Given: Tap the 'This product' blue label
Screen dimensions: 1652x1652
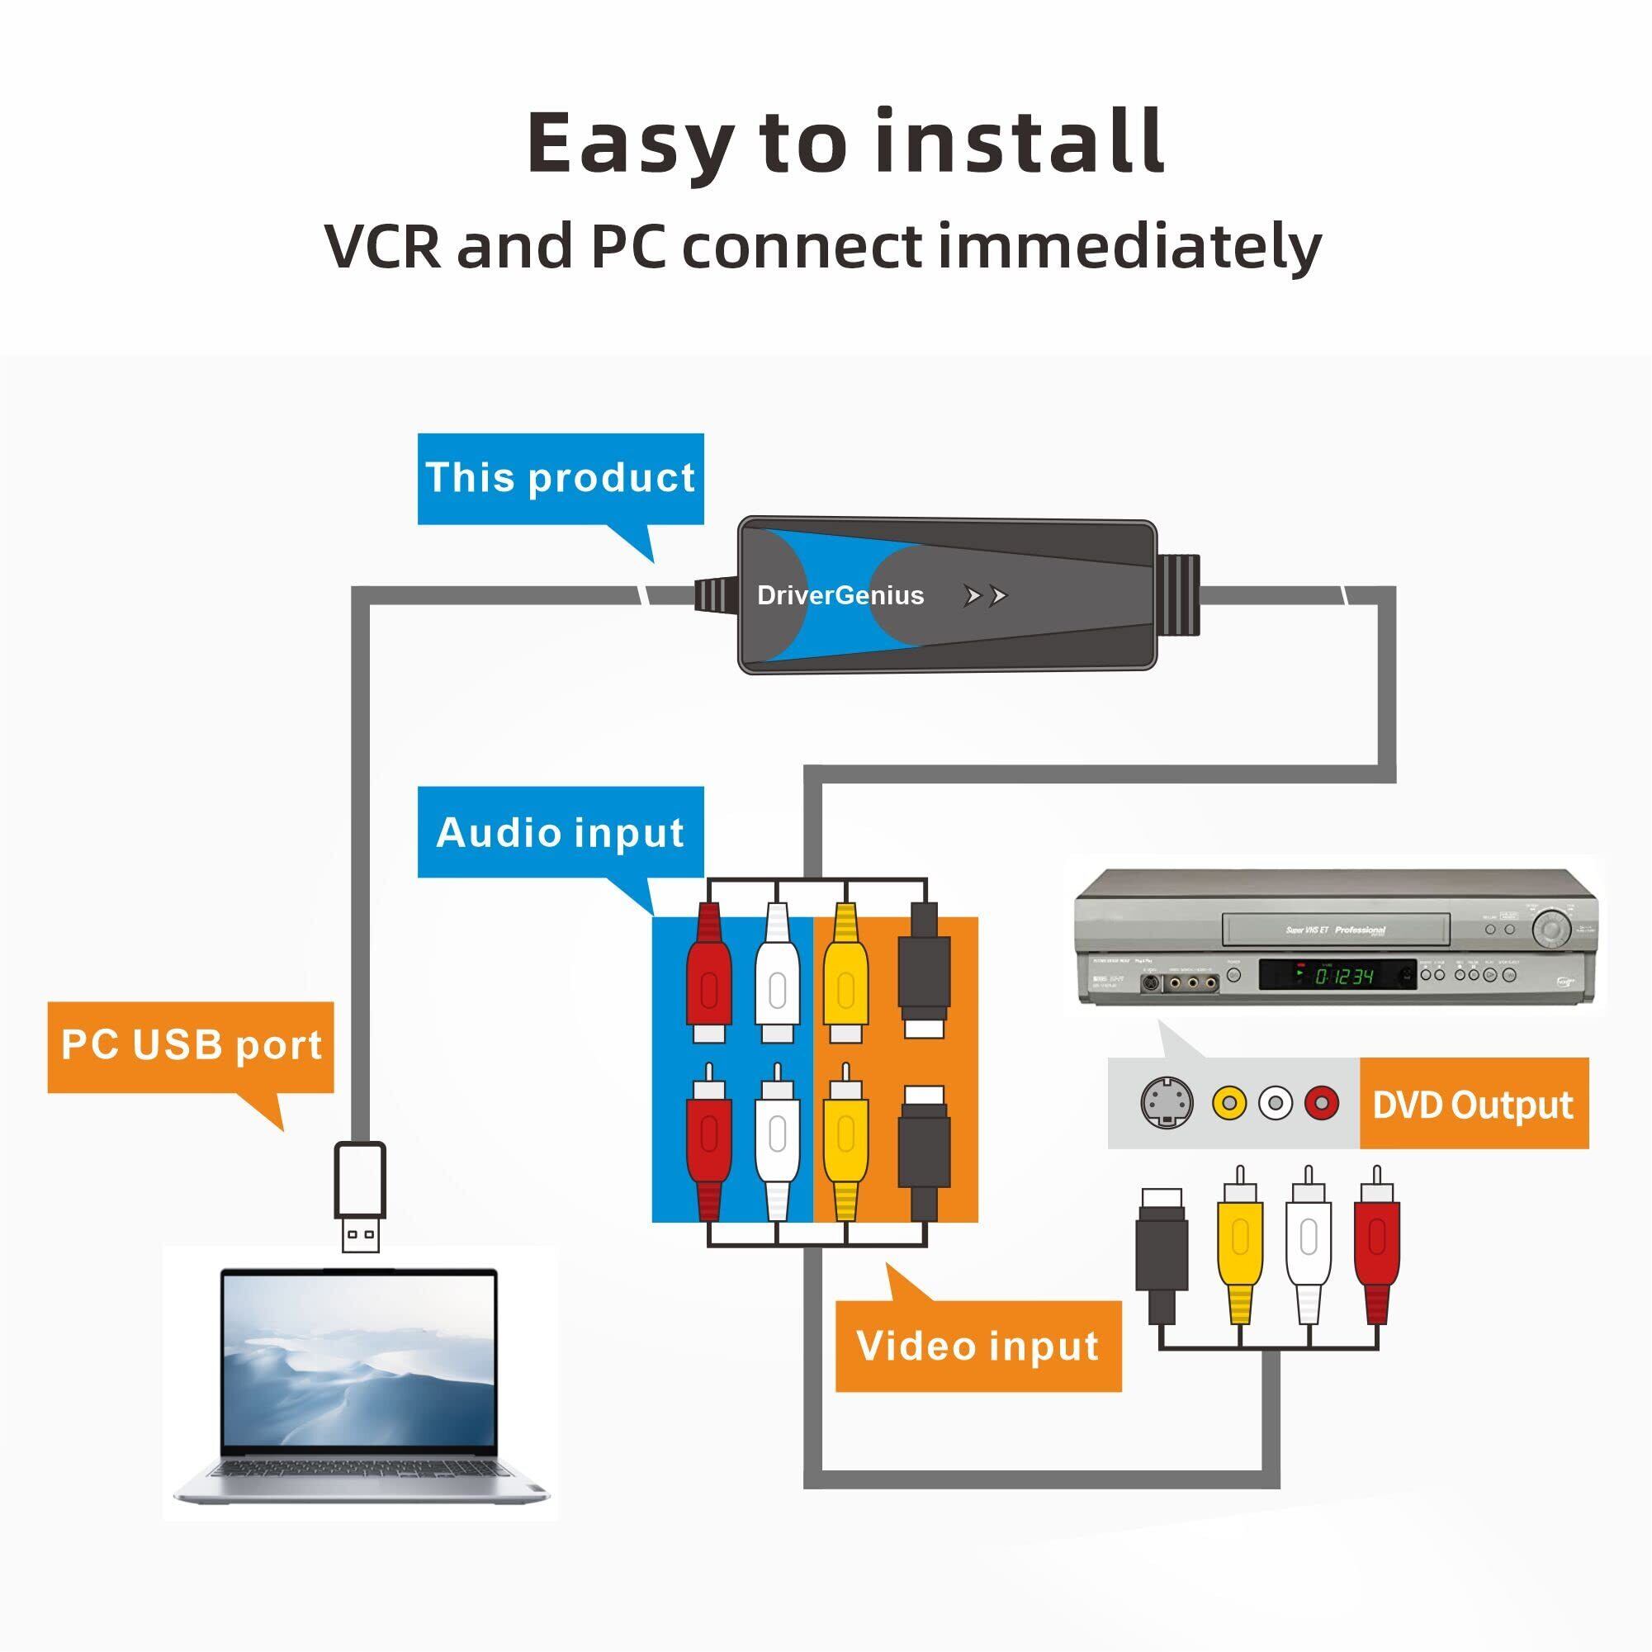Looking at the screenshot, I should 560,477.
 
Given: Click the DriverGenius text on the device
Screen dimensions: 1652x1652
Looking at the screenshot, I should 840,595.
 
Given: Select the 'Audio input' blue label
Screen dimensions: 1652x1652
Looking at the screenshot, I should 560,832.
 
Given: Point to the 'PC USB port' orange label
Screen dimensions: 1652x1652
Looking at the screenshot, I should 191,1045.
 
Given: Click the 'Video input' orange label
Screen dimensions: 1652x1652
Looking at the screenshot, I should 977,1346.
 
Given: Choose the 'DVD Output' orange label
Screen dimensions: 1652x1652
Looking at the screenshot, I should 1473,1104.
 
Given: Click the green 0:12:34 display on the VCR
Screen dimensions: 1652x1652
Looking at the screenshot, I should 1343,976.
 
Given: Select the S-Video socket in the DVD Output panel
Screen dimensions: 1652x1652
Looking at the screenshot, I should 1167,1103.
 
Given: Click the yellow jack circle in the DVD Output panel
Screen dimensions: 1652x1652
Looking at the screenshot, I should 1228,1103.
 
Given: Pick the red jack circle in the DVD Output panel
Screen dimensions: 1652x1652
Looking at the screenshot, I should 1321,1103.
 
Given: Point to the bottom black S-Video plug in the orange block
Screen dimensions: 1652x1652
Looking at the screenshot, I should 925,1146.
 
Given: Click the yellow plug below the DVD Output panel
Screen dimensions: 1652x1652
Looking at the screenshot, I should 1241,1244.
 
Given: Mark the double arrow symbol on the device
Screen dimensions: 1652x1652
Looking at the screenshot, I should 985,596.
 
